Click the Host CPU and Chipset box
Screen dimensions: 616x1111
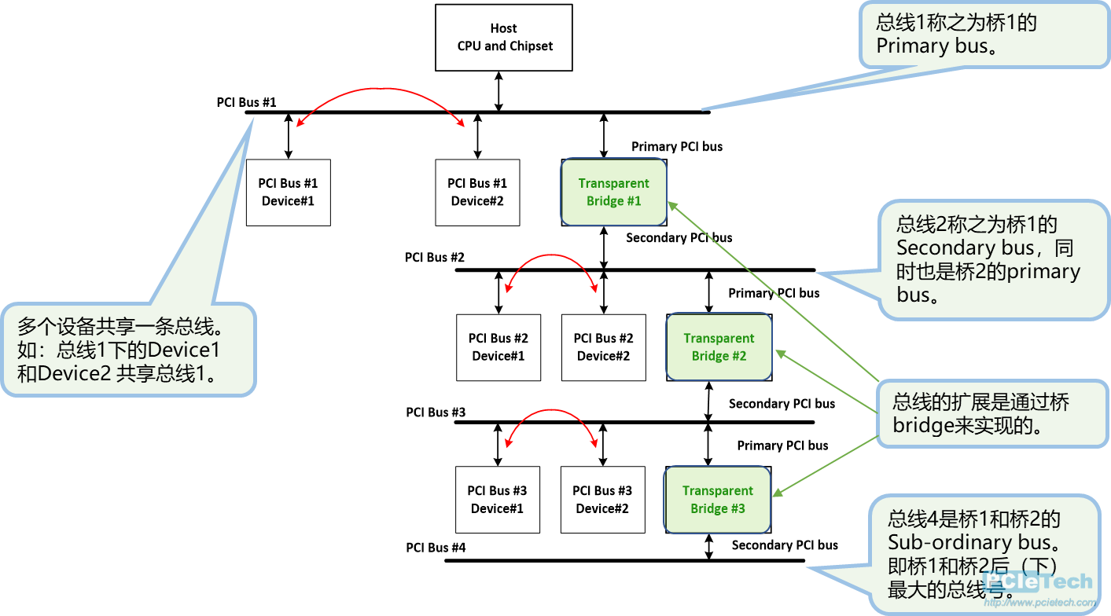504,38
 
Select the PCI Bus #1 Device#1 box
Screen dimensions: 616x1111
288,192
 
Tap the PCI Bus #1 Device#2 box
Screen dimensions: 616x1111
477,192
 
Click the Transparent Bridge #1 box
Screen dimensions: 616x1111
613,192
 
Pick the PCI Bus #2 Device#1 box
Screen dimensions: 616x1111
498,347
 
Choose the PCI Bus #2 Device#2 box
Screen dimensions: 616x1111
603,347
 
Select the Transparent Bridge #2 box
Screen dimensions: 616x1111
719,347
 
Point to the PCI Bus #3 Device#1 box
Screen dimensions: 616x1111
497,500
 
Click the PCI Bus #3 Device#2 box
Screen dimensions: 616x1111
602,500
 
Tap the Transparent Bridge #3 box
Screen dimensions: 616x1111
717,500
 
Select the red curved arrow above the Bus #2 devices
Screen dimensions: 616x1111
550,258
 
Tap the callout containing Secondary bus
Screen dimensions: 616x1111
991,260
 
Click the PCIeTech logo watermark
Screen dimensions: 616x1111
1038,585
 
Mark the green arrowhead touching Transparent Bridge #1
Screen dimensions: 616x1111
672,206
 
